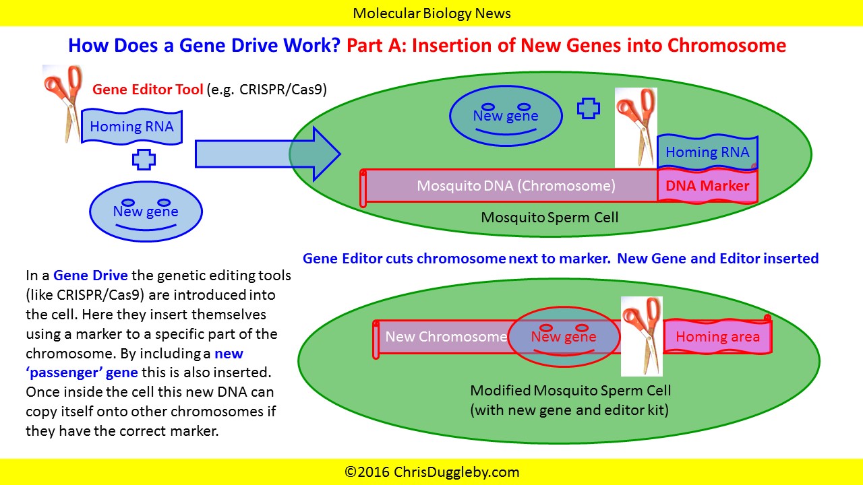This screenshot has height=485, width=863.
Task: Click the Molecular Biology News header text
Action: tap(431, 13)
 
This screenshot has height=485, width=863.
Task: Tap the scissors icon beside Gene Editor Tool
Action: tap(63, 101)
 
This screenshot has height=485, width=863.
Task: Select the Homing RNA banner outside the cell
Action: tap(131, 127)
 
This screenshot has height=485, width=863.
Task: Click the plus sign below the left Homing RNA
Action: tap(143, 160)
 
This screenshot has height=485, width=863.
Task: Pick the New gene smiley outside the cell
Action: tap(146, 211)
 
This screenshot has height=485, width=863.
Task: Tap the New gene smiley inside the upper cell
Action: tap(506, 115)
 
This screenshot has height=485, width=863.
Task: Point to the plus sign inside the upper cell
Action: tap(588, 109)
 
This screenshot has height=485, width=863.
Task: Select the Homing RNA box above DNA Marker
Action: tap(707, 152)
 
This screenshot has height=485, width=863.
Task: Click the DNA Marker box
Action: tap(707, 185)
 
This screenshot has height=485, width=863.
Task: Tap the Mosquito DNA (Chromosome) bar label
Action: tap(516, 185)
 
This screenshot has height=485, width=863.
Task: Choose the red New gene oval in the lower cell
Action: tap(564, 337)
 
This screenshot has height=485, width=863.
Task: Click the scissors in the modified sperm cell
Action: tap(641, 335)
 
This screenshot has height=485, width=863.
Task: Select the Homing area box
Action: tap(717, 337)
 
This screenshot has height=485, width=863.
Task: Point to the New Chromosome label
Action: tap(445, 337)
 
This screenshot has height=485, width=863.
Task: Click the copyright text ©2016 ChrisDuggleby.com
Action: tap(431, 472)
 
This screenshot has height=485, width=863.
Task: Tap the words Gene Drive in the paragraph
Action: tap(90, 276)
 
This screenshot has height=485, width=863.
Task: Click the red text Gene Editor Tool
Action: tap(148, 89)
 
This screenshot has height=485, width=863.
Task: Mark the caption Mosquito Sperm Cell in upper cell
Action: tap(549, 218)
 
